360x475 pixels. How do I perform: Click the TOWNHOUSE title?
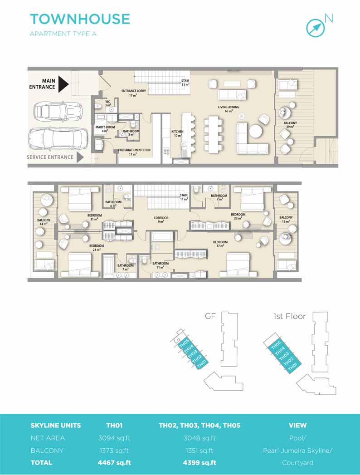pyautogui.click(x=80, y=19)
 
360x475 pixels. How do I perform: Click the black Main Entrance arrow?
pyautogui.click(x=63, y=84)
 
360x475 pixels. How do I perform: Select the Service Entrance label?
pyautogui.click(x=50, y=157)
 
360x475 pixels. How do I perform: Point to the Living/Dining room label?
pyautogui.click(x=229, y=109)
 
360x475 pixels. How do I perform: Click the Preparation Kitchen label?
pyautogui.click(x=134, y=152)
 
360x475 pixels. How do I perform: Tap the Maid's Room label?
pyautogui.click(x=105, y=129)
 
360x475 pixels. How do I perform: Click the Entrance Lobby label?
pyautogui.click(x=133, y=93)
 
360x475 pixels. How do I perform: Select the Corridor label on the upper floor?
pyautogui.click(x=161, y=220)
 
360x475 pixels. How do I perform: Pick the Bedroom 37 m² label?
pyautogui.click(x=220, y=244)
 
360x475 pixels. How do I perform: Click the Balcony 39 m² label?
pyautogui.click(x=290, y=125)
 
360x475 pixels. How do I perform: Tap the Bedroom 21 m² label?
pyautogui.click(x=94, y=217)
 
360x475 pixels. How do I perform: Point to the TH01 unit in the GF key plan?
pyautogui.click(x=202, y=363)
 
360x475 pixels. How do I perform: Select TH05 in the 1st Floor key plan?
pyautogui.click(x=276, y=345)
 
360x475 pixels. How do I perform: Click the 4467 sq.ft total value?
pyautogui.click(x=114, y=463)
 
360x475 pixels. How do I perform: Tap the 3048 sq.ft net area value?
pyautogui.click(x=199, y=438)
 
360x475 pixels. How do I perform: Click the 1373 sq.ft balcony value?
pyautogui.click(x=114, y=451)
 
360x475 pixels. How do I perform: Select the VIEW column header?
pyautogui.click(x=297, y=425)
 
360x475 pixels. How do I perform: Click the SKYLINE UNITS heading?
pyautogui.click(x=56, y=425)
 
